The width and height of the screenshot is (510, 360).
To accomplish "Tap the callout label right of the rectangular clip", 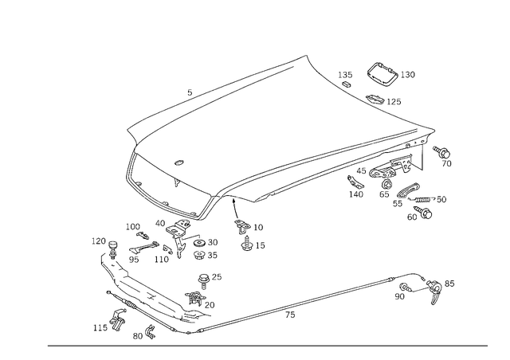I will (x=409, y=74).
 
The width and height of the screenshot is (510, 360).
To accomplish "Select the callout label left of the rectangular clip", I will (x=345, y=77).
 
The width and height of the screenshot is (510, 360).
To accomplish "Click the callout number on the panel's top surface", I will (x=178, y=162).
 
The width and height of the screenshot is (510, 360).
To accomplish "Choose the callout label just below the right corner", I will (x=445, y=155).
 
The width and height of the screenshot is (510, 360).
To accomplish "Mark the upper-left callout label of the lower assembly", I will (x=99, y=240).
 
